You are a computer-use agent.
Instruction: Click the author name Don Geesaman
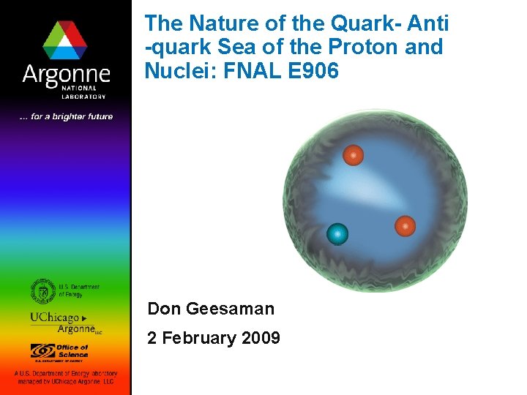tap(211, 309)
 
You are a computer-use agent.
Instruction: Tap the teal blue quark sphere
tap(337, 234)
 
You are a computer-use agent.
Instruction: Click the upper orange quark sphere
tap(354, 155)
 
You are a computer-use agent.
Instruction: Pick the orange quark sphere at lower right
tap(405, 226)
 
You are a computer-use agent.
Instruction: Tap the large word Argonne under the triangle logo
tap(65, 75)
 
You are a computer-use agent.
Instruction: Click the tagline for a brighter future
tap(66, 117)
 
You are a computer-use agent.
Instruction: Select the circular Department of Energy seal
tap(43, 291)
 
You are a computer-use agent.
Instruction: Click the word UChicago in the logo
tap(54, 317)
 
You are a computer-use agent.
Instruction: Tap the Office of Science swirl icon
tap(42, 350)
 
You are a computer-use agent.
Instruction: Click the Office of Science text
tap(72, 351)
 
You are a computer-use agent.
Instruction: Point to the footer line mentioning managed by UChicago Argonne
tap(65, 381)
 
